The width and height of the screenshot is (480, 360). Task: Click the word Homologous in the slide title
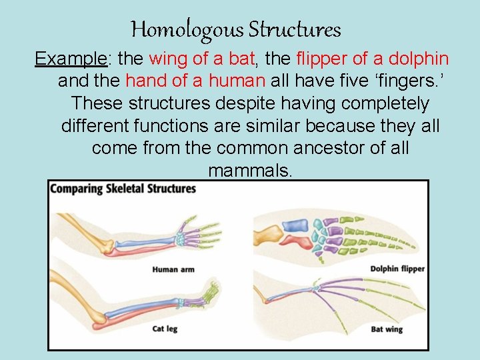187,30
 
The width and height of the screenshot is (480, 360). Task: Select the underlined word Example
71,59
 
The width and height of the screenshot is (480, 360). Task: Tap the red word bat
242,59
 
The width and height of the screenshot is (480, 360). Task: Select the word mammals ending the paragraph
250,171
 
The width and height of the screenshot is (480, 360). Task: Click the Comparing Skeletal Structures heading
123,189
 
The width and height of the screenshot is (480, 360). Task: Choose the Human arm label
173,270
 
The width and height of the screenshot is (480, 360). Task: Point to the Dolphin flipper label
397,269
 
